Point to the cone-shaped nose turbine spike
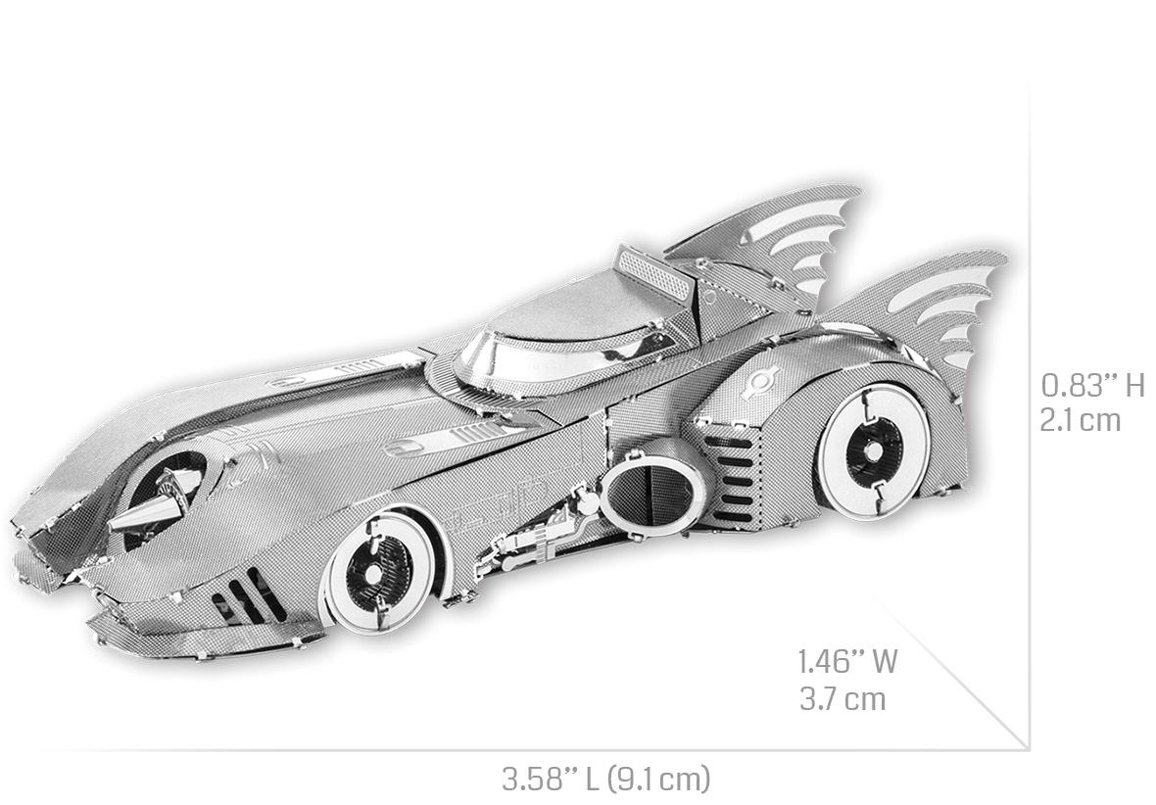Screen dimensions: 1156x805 [x=154, y=508]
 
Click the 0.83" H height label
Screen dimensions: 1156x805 [x=1092, y=384]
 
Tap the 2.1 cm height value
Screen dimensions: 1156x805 [x=1080, y=420]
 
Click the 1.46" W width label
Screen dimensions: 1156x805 [x=847, y=661]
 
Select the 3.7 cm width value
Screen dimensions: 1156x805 [x=843, y=698]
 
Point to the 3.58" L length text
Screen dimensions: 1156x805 [x=551, y=778]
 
